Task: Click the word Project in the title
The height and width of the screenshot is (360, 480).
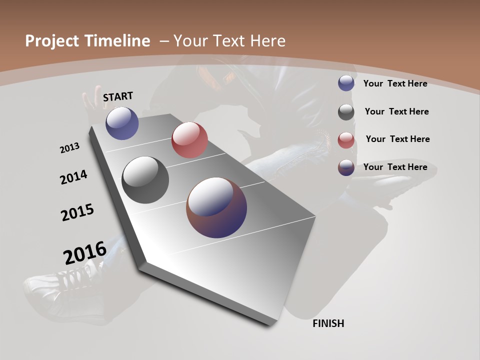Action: click(51, 41)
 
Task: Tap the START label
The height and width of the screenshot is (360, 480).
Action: click(118, 96)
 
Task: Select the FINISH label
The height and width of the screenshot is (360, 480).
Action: click(328, 323)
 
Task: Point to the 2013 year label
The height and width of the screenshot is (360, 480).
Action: click(69, 148)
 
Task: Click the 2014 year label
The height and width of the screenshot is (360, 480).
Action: click(73, 177)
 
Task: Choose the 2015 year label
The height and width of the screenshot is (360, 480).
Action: click(77, 212)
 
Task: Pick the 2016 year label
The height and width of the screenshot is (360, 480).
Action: click(85, 252)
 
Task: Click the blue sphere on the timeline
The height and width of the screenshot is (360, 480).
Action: click(122, 123)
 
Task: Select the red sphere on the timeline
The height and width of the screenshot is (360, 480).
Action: click(189, 140)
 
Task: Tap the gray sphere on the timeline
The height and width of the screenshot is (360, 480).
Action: click(145, 180)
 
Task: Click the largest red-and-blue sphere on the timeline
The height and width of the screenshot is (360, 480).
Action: click(216, 207)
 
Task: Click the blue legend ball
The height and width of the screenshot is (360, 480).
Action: click(346, 83)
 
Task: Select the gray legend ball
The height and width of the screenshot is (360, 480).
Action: click(346, 112)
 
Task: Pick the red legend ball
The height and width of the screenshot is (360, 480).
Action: click(346, 140)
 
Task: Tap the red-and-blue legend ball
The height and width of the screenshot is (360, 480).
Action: click(346, 167)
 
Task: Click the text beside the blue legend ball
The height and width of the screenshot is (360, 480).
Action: click(395, 83)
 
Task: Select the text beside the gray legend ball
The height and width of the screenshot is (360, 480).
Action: click(396, 111)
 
